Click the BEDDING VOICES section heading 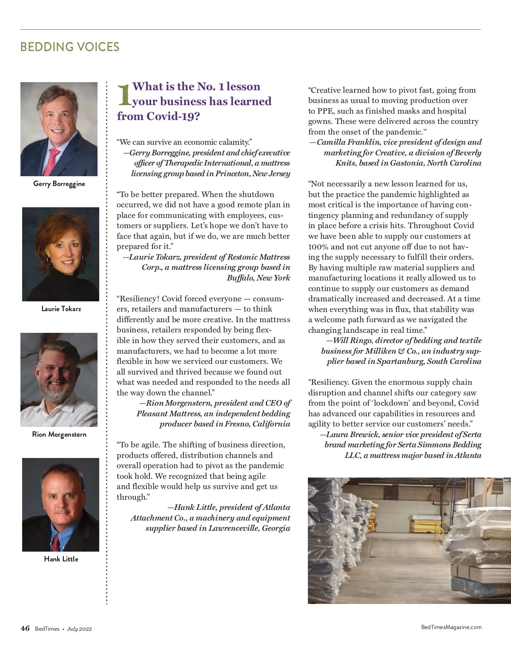tap(70, 47)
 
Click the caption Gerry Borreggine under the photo tap(59, 184)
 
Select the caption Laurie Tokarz tap(61, 309)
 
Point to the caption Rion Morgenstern tap(59, 434)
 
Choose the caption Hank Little tap(61, 559)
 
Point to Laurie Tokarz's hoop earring tap(49, 260)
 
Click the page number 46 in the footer tap(25, 628)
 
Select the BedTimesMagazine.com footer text tap(451, 627)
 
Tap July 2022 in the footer tap(79, 629)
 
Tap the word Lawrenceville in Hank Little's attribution tap(234, 528)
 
